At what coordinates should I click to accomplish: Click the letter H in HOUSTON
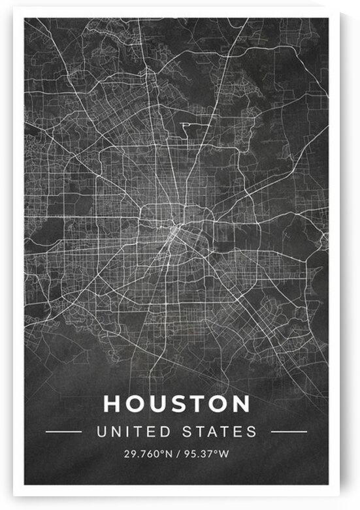(112, 404)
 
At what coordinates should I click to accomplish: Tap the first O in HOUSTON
(134, 404)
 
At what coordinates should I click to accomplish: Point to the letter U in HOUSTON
(155, 404)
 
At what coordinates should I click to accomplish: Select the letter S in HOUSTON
(175, 404)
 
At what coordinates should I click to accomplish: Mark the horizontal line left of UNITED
(64, 432)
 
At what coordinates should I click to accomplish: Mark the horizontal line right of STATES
(288, 432)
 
